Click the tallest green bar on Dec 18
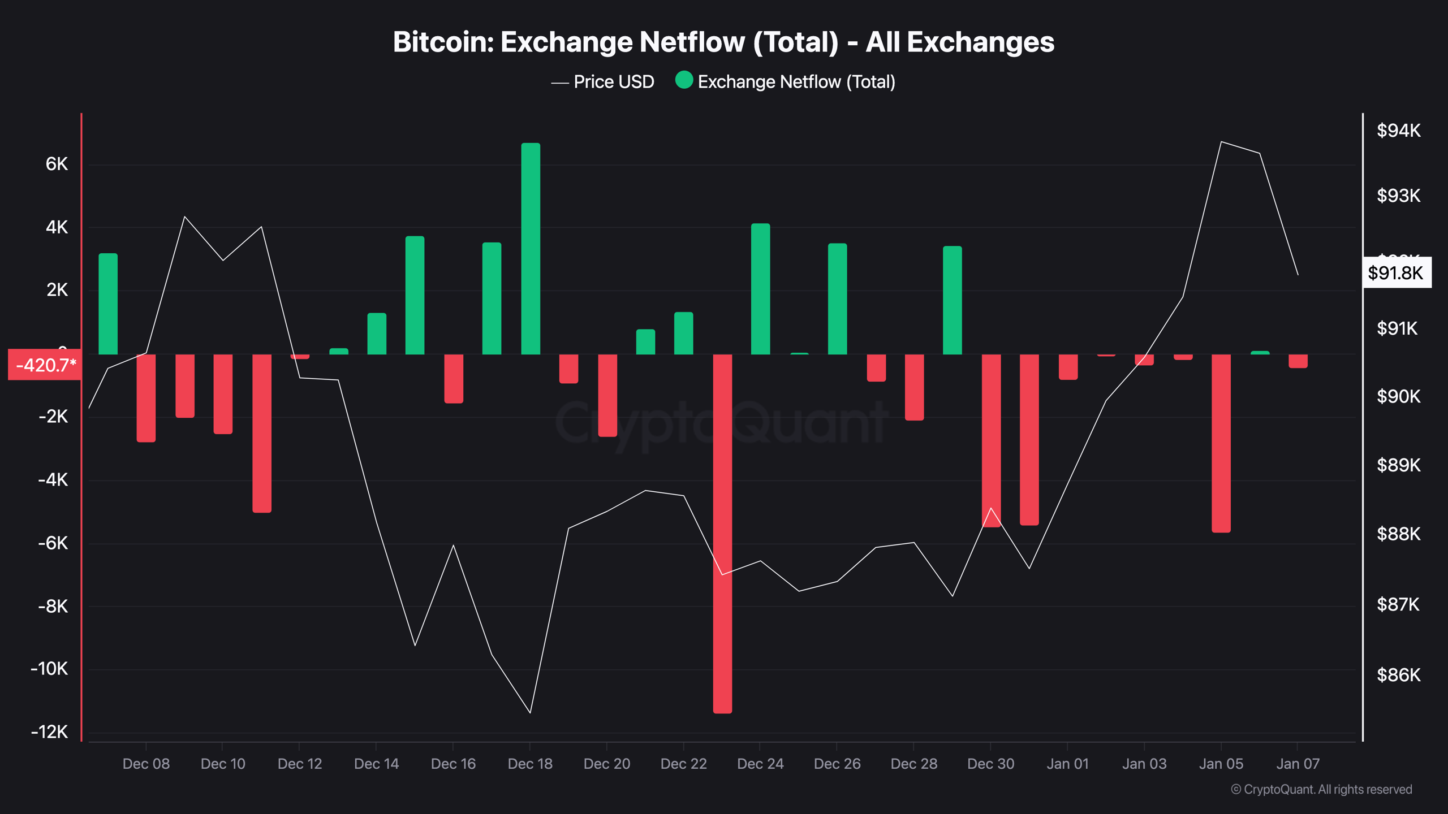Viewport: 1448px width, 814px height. click(x=531, y=249)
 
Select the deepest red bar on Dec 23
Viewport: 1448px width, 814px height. click(x=722, y=534)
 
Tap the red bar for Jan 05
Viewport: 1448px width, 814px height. click(x=1221, y=443)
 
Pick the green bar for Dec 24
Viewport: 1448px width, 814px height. click(x=760, y=289)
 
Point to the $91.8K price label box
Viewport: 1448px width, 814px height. click(x=1395, y=273)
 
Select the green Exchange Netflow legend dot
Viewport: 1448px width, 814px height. click(x=684, y=80)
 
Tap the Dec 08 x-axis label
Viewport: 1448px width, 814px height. click(x=146, y=764)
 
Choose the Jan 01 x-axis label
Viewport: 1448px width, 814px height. click(x=1067, y=764)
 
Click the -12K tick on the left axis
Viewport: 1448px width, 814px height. click(x=50, y=732)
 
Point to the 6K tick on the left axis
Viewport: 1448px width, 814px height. click(x=57, y=164)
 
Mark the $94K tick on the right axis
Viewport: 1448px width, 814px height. click(x=1398, y=131)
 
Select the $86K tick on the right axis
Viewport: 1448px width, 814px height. click(x=1398, y=675)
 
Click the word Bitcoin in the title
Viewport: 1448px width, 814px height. click(x=442, y=42)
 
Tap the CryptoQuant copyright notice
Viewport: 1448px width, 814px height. click(x=1321, y=789)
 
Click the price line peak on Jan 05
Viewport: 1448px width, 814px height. click(x=1221, y=142)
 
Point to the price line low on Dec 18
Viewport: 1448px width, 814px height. click(x=530, y=712)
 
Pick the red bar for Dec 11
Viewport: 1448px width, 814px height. click(x=262, y=434)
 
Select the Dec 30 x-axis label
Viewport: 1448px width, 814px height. click(x=990, y=764)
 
